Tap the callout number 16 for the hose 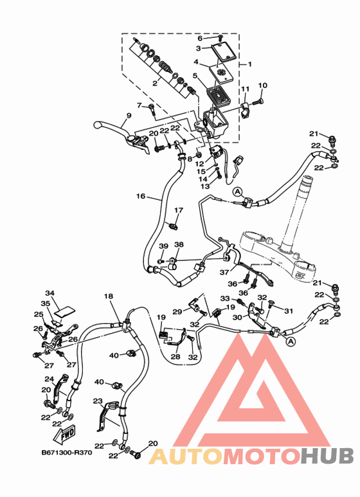[141, 196]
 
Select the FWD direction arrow [64, 433]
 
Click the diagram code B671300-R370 [67, 453]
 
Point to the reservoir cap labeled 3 [225, 51]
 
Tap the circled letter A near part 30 [291, 341]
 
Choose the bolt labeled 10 [258, 102]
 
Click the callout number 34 [50, 293]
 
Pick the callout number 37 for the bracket [224, 272]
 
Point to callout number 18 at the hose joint [109, 296]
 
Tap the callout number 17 [179, 210]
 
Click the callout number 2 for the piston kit [155, 84]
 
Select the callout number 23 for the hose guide [98, 401]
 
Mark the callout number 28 [175, 357]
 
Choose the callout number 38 [179, 244]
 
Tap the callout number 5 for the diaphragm [195, 76]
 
